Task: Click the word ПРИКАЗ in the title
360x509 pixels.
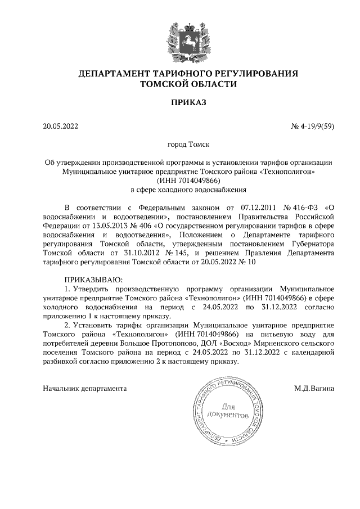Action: click(x=188, y=102)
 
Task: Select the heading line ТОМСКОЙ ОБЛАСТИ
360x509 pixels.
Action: click(x=188, y=84)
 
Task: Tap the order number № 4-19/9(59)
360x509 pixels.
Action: click(x=313, y=125)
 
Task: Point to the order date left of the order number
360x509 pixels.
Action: click(x=60, y=125)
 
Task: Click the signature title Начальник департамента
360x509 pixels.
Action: click(x=85, y=388)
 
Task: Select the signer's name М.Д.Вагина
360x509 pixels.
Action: click(x=313, y=388)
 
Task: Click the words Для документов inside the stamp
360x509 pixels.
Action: click(x=227, y=411)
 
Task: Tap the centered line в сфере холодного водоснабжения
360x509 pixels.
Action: click(x=188, y=190)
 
